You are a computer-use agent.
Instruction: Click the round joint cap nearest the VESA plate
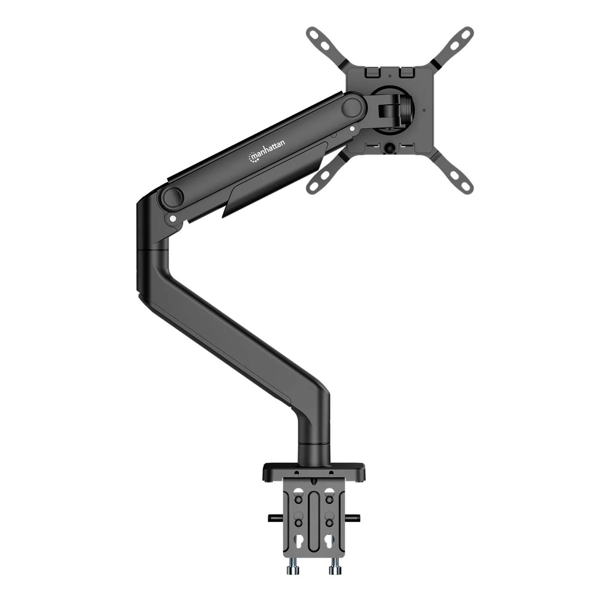(352, 107)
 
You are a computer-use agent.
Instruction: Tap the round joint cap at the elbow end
(173, 197)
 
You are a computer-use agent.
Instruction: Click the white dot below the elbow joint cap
(173, 219)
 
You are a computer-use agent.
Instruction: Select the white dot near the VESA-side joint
(352, 128)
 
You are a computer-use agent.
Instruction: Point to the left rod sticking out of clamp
(275, 518)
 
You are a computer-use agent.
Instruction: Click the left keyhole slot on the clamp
(298, 540)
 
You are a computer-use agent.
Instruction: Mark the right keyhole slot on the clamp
(329, 540)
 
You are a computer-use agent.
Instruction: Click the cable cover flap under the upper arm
(275, 180)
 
